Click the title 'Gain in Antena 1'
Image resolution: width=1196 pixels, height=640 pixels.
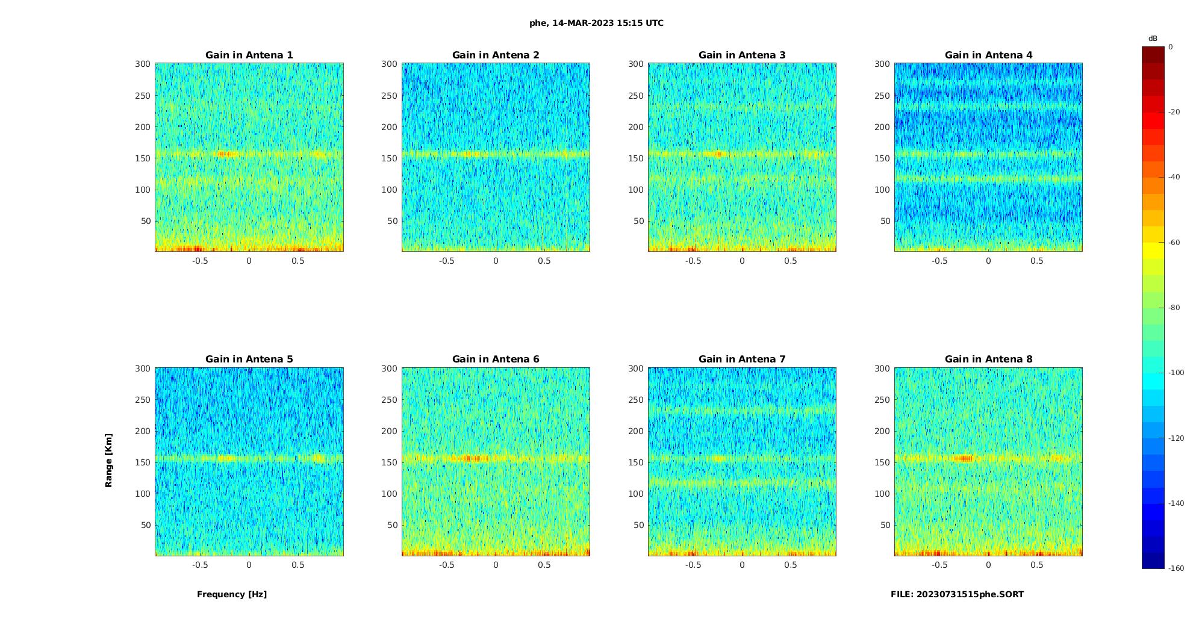[x=249, y=55]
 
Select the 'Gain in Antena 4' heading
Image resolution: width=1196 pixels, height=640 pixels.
[x=988, y=55]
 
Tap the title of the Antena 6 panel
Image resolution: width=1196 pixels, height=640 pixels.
[x=496, y=359]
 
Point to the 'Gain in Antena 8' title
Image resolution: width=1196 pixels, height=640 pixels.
[x=988, y=359]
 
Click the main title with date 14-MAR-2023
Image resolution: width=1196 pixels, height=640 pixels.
[x=596, y=23]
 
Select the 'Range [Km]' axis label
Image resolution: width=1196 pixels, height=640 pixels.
[x=109, y=461]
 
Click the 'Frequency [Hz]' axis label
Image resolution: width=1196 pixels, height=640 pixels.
[x=232, y=594]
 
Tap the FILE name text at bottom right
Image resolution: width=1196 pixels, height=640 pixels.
[x=957, y=594]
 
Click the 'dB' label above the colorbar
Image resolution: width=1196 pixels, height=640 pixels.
[x=1153, y=39]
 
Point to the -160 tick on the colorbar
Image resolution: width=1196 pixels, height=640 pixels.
[x=1176, y=568]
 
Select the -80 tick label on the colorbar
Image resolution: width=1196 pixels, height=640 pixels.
[x=1174, y=308]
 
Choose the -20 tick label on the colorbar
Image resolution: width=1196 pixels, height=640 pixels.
[x=1174, y=112]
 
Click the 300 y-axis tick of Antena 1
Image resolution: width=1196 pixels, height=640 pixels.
[x=143, y=64]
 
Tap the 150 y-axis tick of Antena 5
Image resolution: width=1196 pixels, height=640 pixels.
[x=143, y=462]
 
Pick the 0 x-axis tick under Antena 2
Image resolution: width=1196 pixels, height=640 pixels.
[x=496, y=261]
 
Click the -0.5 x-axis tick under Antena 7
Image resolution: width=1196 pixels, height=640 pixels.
[x=693, y=565]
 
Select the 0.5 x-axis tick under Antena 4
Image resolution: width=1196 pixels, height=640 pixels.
[x=1036, y=261]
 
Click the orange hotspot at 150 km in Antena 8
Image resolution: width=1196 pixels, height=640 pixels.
[x=965, y=458]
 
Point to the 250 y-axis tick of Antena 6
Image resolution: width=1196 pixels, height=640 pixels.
[x=390, y=400]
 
